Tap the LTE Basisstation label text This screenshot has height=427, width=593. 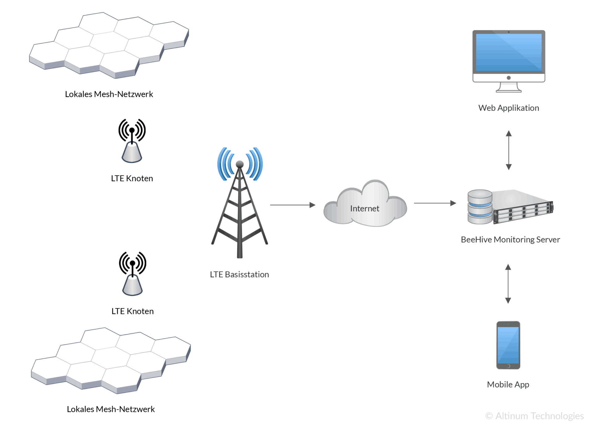pos(239,274)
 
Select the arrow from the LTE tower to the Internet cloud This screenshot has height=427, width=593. pos(292,205)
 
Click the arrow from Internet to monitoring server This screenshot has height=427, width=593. pos(435,203)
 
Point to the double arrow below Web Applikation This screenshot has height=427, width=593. pos(509,150)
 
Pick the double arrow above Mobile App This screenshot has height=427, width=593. pos(508,284)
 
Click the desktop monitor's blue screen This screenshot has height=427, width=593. pos(509,52)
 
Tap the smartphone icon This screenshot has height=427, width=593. pos(508,345)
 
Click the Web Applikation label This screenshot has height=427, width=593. pos(508,108)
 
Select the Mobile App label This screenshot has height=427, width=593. pos(508,384)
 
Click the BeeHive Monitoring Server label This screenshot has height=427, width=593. pos(510,239)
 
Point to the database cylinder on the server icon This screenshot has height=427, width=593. pos(480,206)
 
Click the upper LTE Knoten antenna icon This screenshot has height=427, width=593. pos(132,141)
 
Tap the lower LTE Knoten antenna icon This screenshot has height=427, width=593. pos(132,274)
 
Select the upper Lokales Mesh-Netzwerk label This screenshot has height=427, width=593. pos(109,94)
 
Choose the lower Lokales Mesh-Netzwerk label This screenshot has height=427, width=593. pos(111,409)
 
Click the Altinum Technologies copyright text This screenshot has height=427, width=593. pos(535,416)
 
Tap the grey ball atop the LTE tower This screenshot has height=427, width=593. pos(240,164)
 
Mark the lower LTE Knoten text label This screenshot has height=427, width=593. pos(132,311)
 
